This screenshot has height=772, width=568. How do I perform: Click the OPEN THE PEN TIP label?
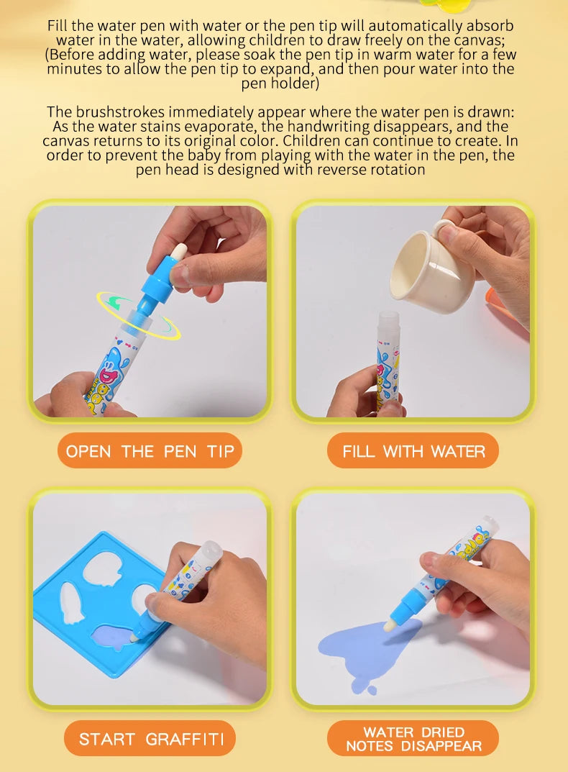tap(150, 451)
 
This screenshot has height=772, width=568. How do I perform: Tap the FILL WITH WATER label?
tap(413, 451)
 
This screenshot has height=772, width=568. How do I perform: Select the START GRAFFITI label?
tap(150, 739)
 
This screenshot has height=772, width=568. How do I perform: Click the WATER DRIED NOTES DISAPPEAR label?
tap(413, 739)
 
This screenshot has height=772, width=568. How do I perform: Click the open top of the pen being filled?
tap(389, 317)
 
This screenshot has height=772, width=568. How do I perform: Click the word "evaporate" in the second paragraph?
tap(206, 126)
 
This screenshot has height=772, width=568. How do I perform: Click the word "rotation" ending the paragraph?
tap(398, 170)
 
